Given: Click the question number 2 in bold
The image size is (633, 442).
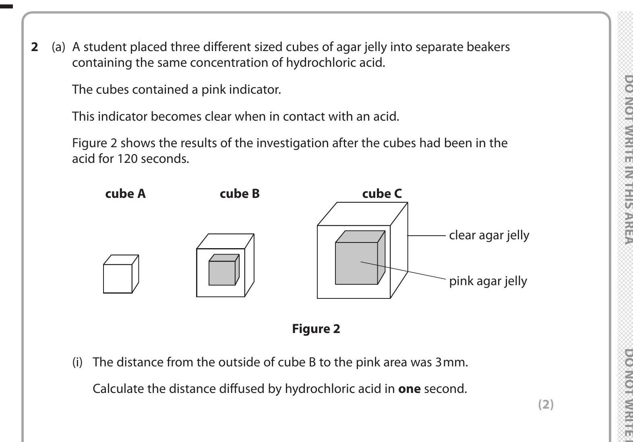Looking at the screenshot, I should click(x=35, y=47).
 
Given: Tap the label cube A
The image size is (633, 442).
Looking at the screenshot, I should click(x=125, y=194).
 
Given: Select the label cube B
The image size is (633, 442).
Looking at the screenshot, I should click(x=240, y=194).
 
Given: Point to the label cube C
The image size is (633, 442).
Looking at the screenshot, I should click(x=382, y=194).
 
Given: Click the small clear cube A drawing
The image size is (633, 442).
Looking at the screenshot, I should click(x=118, y=278).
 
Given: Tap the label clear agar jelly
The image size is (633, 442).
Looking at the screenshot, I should click(x=489, y=235).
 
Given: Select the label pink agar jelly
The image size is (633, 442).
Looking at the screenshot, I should click(x=488, y=281).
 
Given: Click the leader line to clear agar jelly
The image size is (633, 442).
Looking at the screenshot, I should click(x=427, y=236).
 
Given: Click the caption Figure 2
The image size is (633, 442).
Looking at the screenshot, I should click(x=316, y=329).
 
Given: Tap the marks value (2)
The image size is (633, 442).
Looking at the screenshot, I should click(x=546, y=404).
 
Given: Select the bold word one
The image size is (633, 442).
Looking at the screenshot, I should click(x=409, y=389).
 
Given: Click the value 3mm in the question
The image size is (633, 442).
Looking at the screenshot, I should click(x=451, y=362).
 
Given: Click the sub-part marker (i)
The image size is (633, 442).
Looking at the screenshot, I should click(x=77, y=362).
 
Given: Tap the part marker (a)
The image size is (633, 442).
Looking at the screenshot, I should click(x=58, y=47).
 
